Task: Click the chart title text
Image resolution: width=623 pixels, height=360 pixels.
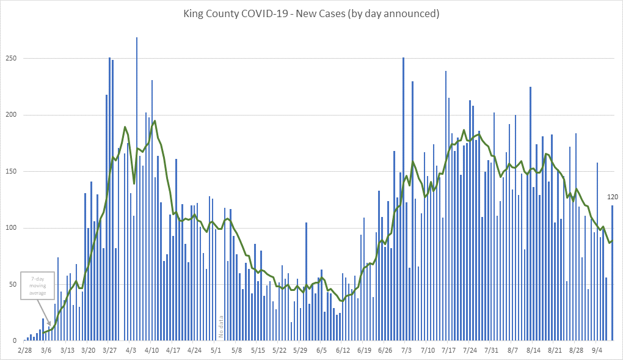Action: pos(311,13)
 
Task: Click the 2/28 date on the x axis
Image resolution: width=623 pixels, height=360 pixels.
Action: pos(25,351)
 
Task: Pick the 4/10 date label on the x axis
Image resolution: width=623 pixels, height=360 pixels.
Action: pos(152,351)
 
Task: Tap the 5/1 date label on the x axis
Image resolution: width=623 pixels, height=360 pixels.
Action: pos(216,351)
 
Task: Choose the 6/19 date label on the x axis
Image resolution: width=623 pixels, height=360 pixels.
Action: pos(364,351)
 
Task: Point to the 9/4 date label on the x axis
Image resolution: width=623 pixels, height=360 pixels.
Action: pos(597,351)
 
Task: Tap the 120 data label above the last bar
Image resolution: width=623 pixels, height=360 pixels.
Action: pos(613,197)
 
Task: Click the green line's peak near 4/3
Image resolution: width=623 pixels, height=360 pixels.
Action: pos(125,127)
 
